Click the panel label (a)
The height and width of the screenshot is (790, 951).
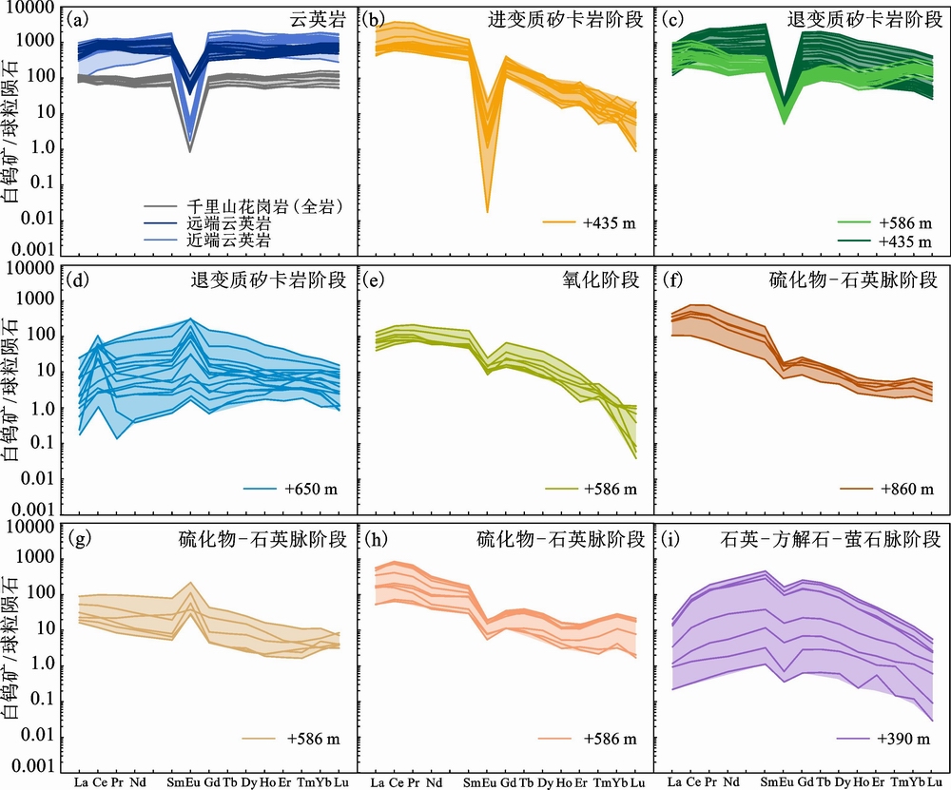pos(82,19)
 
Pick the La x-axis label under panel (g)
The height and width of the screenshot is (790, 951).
pos(83,781)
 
